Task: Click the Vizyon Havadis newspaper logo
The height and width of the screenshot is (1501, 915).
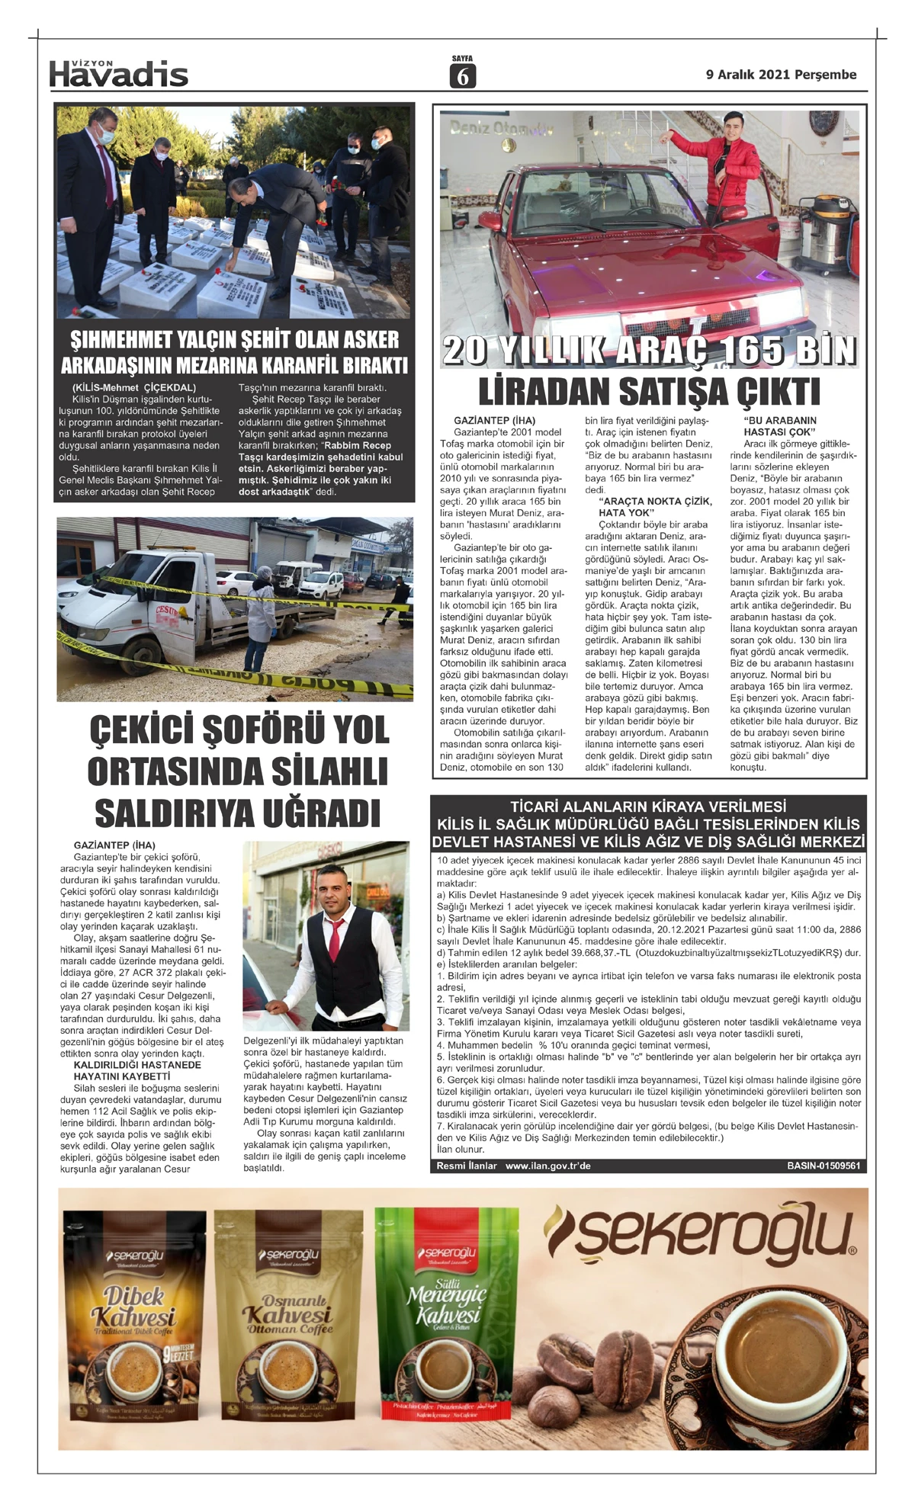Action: click(118, 74)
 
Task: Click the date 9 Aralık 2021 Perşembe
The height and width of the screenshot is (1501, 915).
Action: click(781, 75)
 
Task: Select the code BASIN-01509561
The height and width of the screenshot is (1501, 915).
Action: click(823, 1166)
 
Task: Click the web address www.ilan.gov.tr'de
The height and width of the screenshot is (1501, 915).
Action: click(547, 1166)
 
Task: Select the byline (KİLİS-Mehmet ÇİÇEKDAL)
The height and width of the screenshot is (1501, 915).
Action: click(133, 387)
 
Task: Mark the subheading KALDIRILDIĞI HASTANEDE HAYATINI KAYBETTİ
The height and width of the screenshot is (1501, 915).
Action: click(137, 1070)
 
